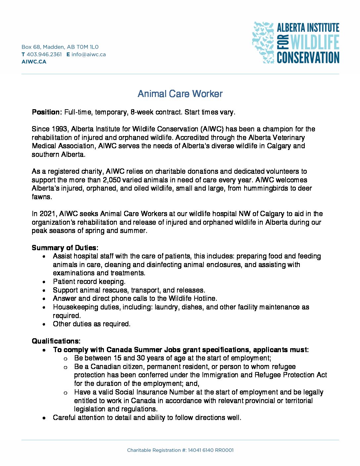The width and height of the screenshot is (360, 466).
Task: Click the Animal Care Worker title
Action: [x=180, y=94]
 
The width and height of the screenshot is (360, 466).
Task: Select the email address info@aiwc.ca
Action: [x=89, y=54]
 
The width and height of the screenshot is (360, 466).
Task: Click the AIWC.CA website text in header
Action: [x=34, y=62]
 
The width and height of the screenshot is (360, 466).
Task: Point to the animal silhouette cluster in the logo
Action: [x=263, y=42]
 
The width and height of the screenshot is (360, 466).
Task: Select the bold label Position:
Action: [x=47, y=112]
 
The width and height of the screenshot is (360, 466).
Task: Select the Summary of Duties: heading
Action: [x=65, y=248]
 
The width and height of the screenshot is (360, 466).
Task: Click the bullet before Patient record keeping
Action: [x=44, y=282]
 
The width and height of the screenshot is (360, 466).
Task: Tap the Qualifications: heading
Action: [x=56, y=341]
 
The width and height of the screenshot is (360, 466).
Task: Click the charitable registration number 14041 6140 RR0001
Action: [x=210, y=450]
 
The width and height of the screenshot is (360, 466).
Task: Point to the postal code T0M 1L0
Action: [x=87, y=47]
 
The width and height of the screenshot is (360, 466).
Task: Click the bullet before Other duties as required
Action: [x=44, y=324]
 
